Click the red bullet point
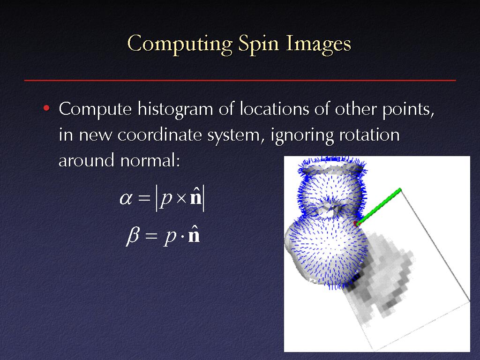[46, 108]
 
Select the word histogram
[175, 110]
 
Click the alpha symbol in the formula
[126, 199]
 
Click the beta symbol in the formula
[133, 236]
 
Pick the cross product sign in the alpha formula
[181, 199]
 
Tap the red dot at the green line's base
[356, 224]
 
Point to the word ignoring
[301, 136]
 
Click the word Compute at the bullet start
[95, 110]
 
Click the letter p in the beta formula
[170, 237]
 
